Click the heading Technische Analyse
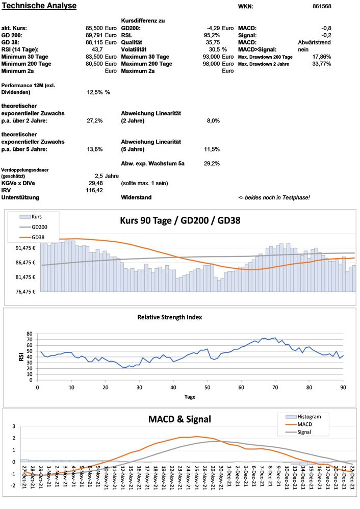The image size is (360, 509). [x=39, y=6]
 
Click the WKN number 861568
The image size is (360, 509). [x=321, y=7]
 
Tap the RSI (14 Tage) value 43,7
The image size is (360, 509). [x=97, y=49]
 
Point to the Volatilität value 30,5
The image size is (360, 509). [x=211, y=49]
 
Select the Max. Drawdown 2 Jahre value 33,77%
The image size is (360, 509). [x=321, y=64]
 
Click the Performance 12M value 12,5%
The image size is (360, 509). [x=95, y=92]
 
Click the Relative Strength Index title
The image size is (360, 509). [x=169, y=317]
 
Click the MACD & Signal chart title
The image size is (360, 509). [x=179, y=419]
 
